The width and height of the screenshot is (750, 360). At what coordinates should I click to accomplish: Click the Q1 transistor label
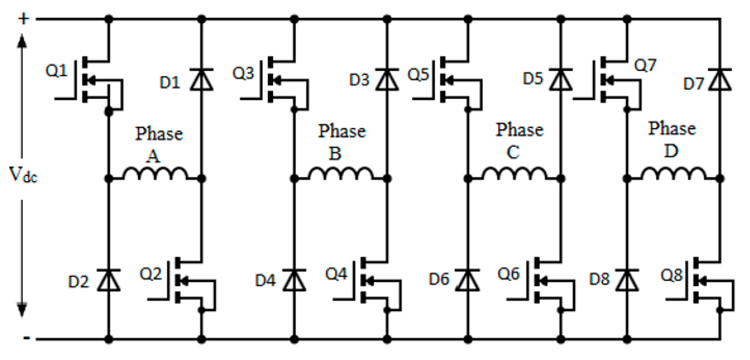coord(56,71)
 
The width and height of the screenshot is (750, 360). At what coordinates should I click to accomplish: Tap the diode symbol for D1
coord(201,79)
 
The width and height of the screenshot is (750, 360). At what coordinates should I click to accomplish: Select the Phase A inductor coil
coord(155,173)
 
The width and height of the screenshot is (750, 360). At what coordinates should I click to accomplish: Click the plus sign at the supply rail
coord(24,18)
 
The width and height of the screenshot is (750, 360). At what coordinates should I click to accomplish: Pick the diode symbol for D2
coord(109,280)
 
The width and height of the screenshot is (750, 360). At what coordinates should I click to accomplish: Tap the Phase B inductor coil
coord(341,173)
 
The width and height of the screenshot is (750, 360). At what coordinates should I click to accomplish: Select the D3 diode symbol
coord(387,79)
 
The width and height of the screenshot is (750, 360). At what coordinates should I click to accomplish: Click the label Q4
coord(336,274)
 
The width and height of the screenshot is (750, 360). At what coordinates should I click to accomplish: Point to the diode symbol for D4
coord(294,280)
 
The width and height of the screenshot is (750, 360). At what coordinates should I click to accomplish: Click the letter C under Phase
coord(513,152)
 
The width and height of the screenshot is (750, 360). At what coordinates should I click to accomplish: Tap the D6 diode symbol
coord(468,280)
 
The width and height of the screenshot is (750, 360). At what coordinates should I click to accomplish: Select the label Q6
coord(508,274)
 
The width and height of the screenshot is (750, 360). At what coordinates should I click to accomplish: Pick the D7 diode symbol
coord(720,79)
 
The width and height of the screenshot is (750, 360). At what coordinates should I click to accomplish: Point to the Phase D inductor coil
coord(673,173)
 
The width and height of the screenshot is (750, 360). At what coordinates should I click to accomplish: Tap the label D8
coord(599,279)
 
